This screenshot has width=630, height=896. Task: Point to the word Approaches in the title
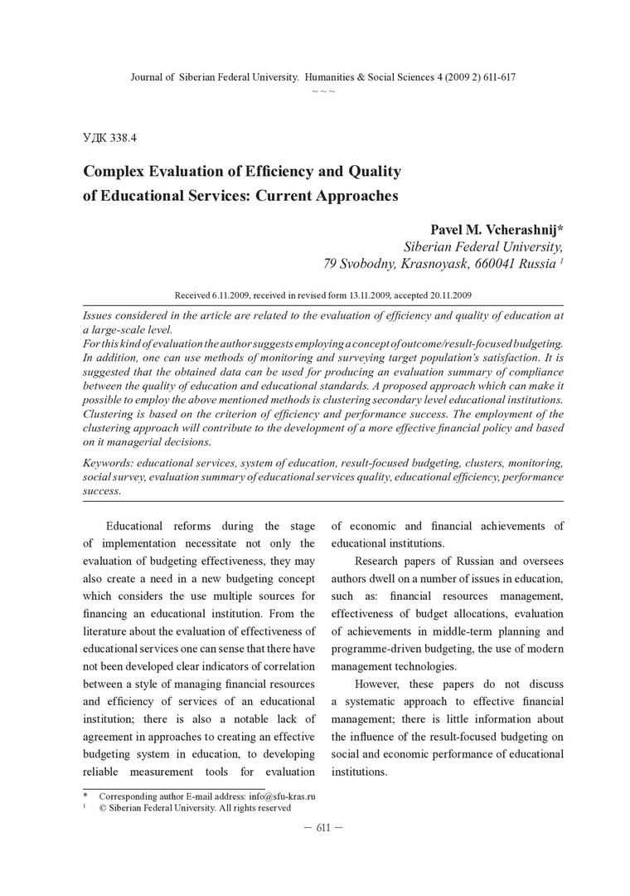(353, 197)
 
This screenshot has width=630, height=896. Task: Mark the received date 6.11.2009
(229, 295)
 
